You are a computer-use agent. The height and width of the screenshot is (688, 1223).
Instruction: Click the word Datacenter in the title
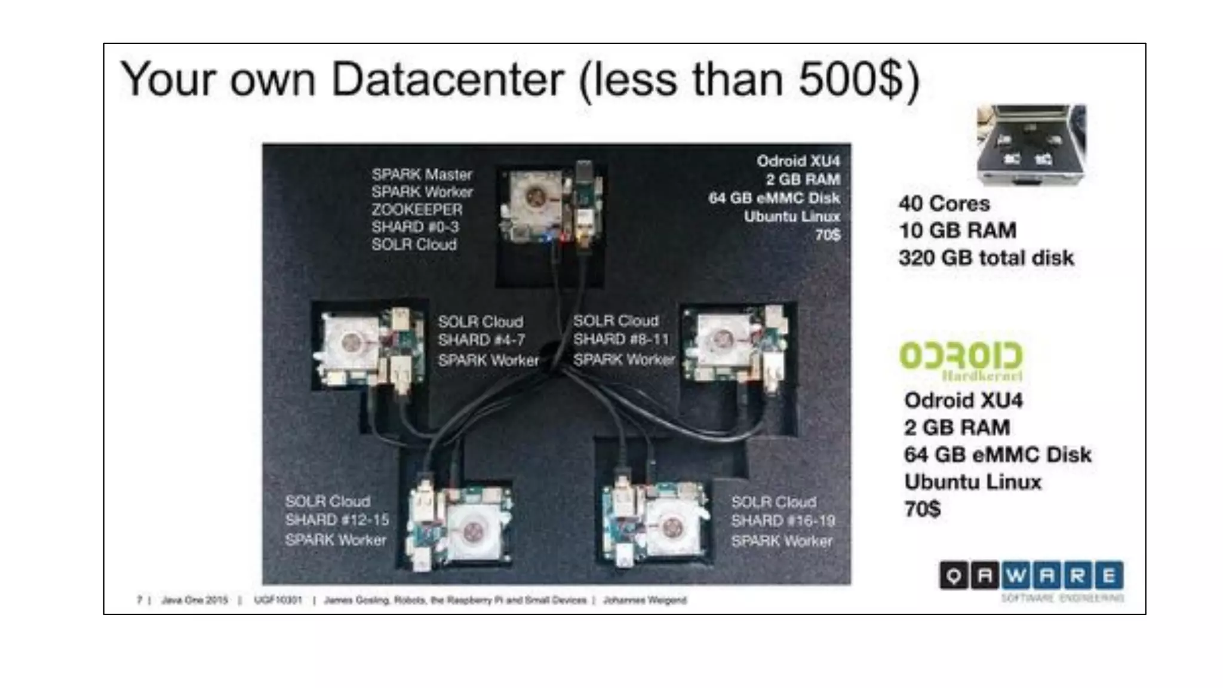(447, 79)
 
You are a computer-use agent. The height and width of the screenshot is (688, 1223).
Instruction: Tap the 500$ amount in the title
(849, 79)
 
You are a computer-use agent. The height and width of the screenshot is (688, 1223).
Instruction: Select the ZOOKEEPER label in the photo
(417, 210)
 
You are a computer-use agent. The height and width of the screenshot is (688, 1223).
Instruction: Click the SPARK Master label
(422, 174)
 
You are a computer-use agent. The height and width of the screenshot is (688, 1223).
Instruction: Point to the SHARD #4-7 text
(481, 340)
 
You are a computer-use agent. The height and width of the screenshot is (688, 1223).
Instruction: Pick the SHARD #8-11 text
(620, 339)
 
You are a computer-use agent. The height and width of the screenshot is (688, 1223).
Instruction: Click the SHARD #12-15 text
(337, 520)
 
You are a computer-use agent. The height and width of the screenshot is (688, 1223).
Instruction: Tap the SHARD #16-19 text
(783, 521)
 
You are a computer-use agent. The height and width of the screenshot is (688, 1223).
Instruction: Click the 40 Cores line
(944, 204)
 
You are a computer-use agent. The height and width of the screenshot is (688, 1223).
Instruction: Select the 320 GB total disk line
(986, 258)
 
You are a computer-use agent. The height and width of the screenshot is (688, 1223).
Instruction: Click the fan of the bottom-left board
(472, 531)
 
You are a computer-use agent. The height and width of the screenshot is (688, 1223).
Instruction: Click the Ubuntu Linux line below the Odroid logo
(972, 482)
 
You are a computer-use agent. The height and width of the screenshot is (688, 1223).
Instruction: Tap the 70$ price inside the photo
(828, 235)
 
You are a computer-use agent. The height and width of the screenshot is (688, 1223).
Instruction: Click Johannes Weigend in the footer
(644, 600)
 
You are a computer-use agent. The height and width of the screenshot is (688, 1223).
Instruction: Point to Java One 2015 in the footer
(195, 600)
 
